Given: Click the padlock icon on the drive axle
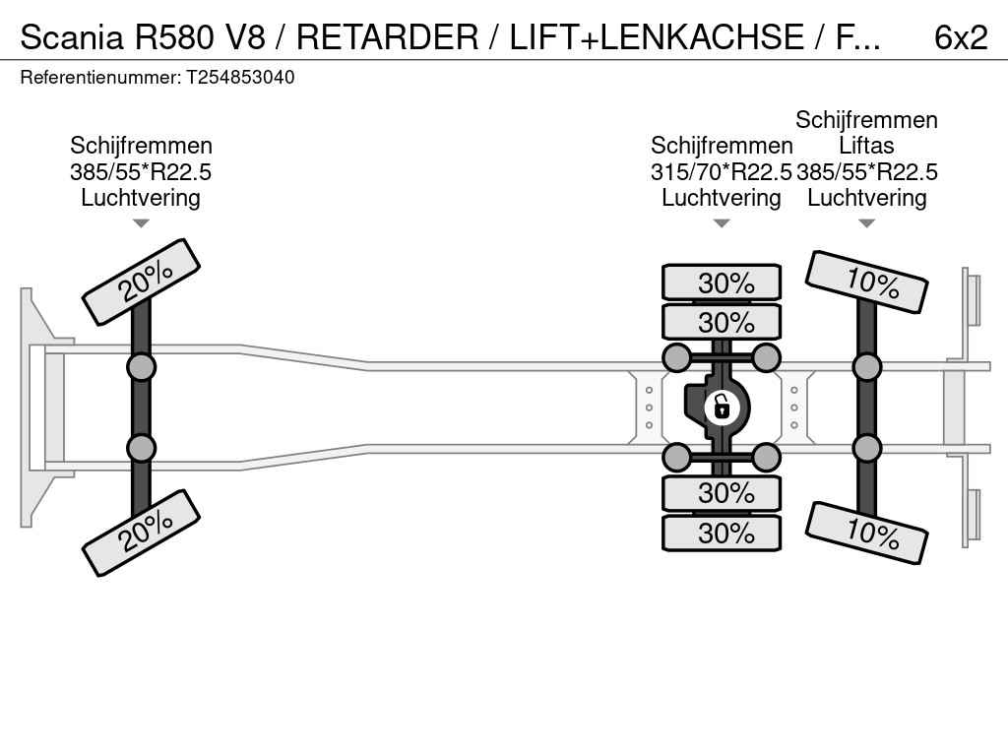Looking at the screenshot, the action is pyautogui.click(x=722, y=408).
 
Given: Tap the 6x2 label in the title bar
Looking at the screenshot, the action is pyautogui.click(x=961, y=37).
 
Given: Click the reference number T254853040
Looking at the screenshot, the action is pyautogui.click(x=240, y=77).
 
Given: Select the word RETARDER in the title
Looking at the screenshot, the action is pyautogui.click(x=388, y=37).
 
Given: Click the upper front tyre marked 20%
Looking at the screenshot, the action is pyautogui.click(x=141, y=283).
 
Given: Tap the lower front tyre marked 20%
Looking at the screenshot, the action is pyautogui.click(x=141, y=533).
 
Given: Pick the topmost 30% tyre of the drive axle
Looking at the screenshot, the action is pyautogui.click(x=722, y=283).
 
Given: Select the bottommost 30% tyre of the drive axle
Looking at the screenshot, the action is pyautogui.click(x=722, y=533).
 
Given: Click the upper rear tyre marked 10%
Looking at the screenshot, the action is pyautogui.click(x=866, y=282).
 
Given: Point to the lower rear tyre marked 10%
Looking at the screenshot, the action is pyautogui.click(x=866, y=534).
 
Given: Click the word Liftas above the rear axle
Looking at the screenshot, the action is pyautogui.click(x=866, y=146).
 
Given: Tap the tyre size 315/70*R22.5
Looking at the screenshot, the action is pyautogui.click(x=721, y=172).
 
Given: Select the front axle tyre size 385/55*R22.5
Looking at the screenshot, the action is pyautogui.click(x=141, y=172).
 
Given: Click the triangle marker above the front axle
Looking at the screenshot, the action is pyautogui.click(x=141, y=223).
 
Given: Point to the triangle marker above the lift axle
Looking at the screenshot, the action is pyautogui.click(x=866, y=223).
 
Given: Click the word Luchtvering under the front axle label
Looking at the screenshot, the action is pyautogui.click(x=141, y=198).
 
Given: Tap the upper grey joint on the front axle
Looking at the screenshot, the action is pyautogui.click(x=141, y=368).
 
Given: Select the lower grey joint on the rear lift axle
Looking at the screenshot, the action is pyautogui.click(x=866, y=448).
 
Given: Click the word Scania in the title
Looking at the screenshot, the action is pyautogui.click(x=72, y=37).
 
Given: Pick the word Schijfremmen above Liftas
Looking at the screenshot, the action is pyautogui.click(x=866, y=120).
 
